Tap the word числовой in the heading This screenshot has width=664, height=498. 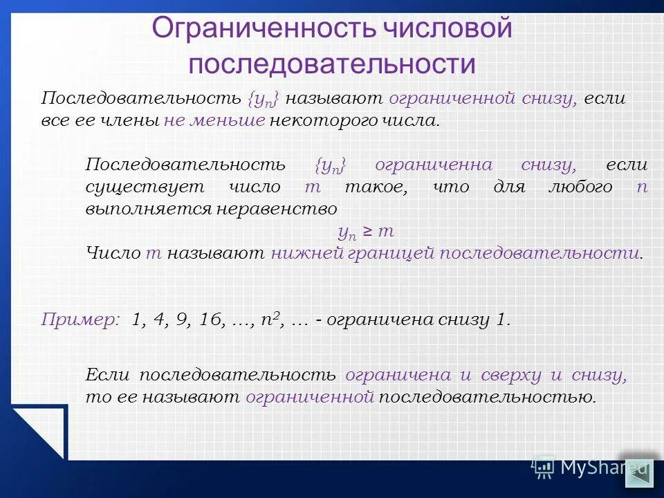[x=445, y=29]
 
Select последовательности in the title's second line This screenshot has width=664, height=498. [x=332, y=64]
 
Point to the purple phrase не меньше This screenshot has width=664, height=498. [x=214, y=120]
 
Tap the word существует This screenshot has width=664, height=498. [x=145, y=187]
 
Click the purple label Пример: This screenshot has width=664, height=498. [x=80, y=320]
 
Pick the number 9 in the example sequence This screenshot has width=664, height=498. [x=183, y=320]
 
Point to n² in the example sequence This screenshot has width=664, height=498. [x=268, y=319]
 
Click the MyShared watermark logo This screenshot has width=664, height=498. [x=591, y=468]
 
